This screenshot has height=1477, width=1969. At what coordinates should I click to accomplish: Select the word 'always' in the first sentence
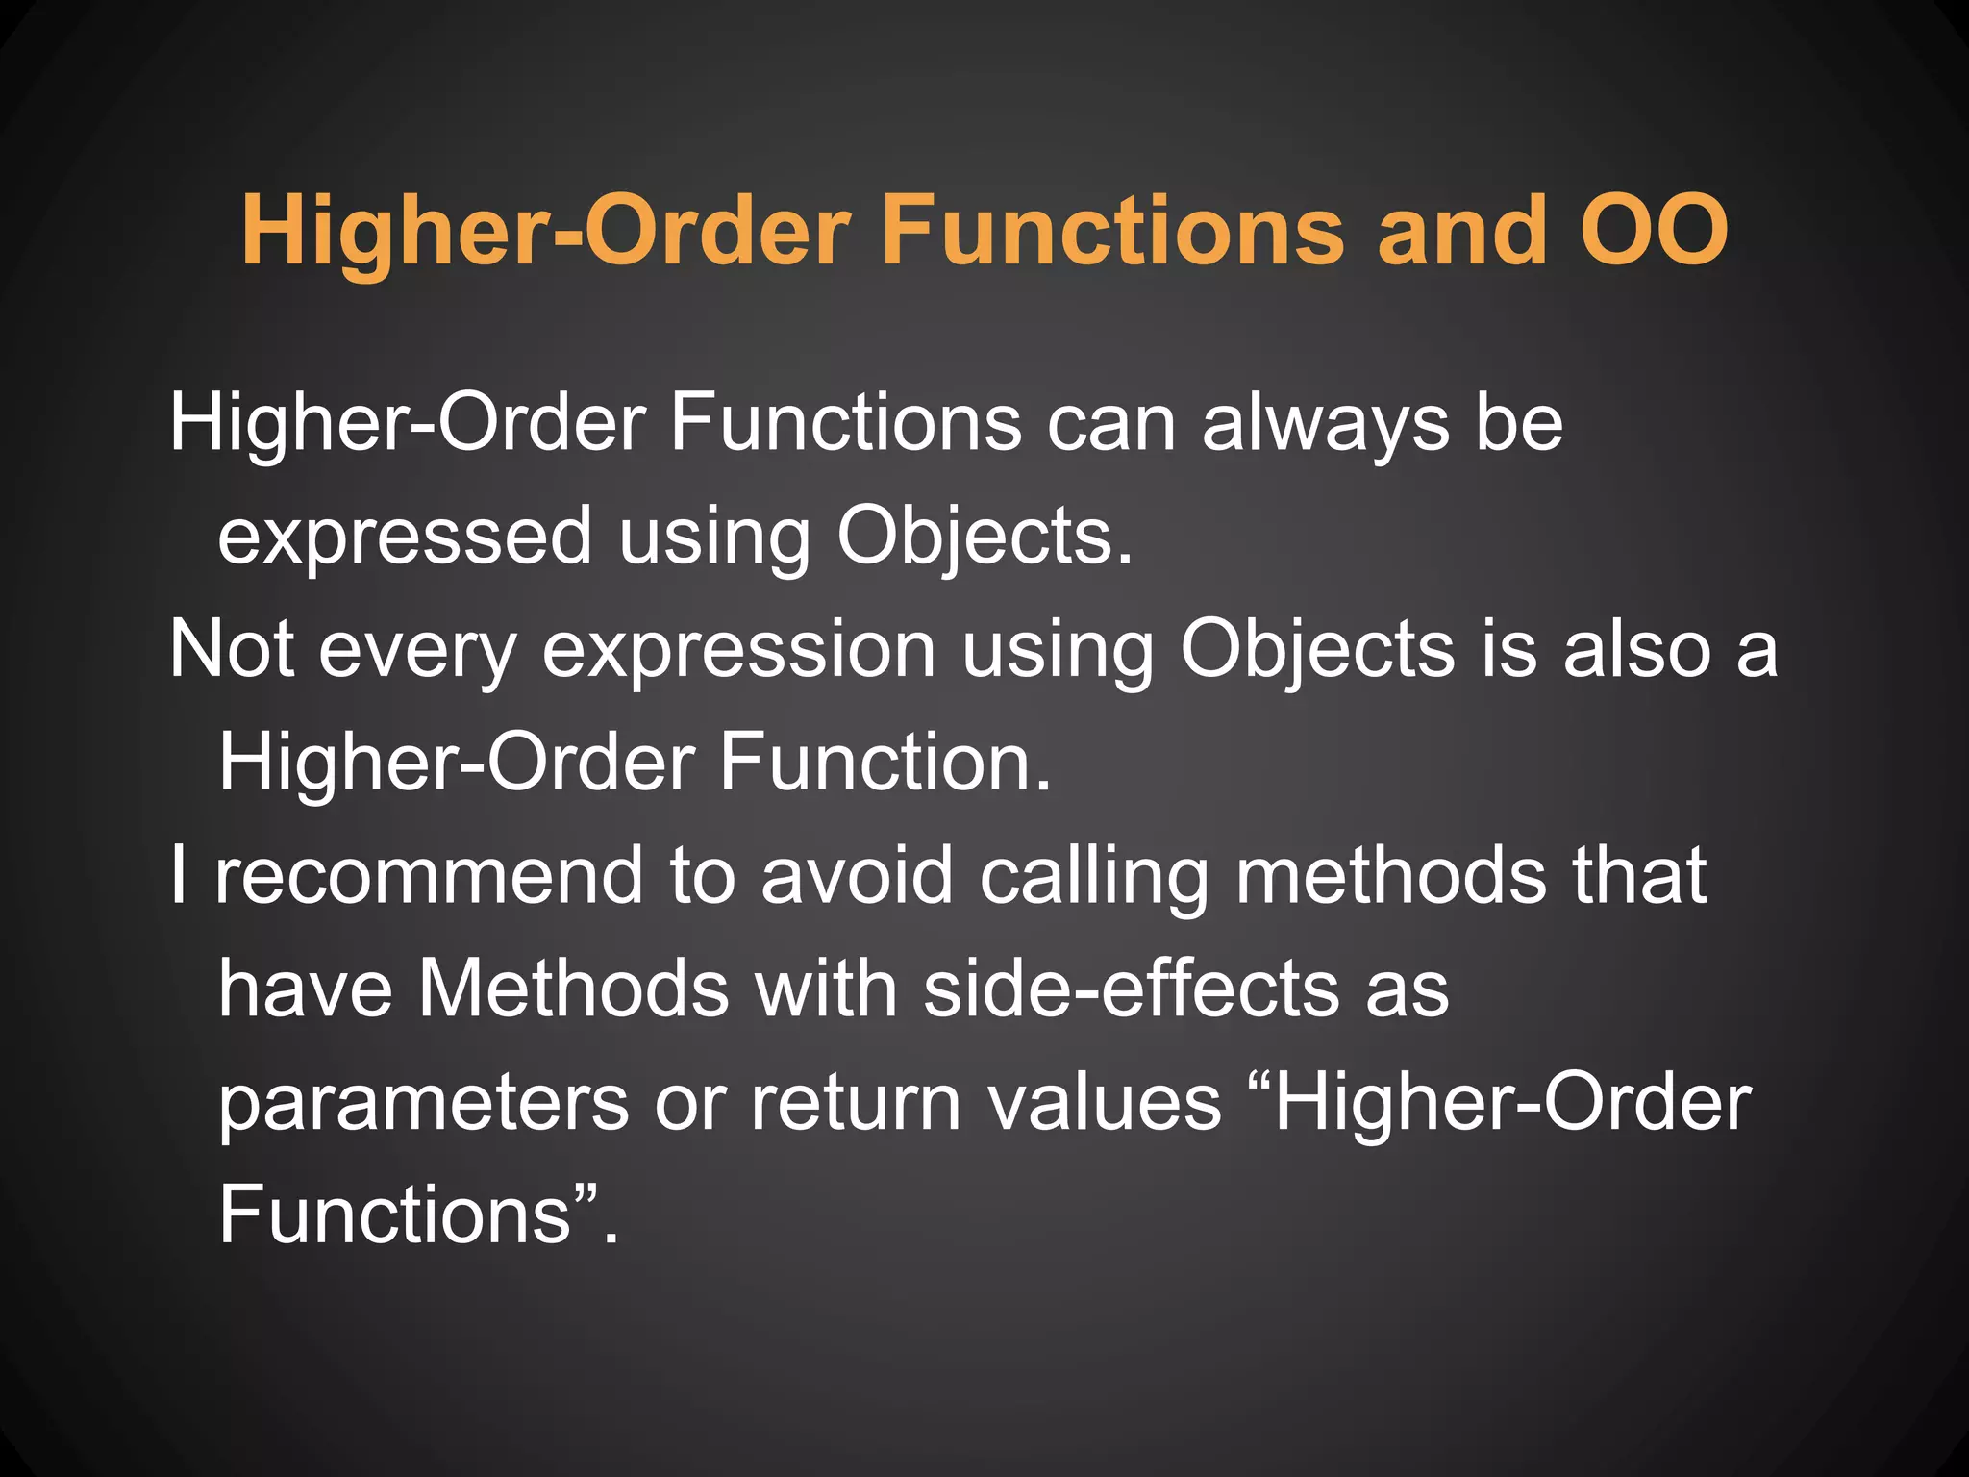(1325, 425)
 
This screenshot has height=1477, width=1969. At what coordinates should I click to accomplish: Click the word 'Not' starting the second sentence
(231, 650)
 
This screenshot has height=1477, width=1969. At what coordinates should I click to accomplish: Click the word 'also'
(1637, 650)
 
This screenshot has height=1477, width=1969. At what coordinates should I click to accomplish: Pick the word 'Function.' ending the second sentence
(885, 763)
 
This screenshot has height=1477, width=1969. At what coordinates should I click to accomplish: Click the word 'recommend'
(428, 876)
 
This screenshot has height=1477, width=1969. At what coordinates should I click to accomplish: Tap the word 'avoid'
(856, 876)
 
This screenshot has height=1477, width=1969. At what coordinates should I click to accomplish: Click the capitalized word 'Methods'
(573, 989)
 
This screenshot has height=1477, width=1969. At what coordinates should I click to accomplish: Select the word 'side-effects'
(1131, 989)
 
